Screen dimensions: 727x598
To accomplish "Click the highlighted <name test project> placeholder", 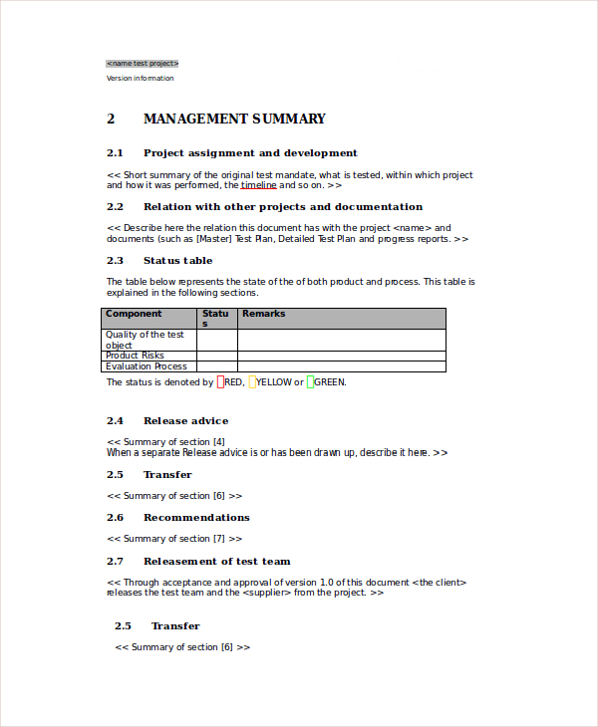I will pos(143,63).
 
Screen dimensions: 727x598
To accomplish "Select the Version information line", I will pos(140,78).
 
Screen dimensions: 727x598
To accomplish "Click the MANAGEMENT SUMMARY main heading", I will pos(234,119).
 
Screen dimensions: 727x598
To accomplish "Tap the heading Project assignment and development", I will pos(250,152).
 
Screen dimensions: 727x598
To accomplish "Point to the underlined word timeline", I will pos(258,185).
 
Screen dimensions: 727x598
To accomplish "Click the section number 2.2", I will pos(115,206).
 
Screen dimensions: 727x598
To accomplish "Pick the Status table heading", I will pos(177,260).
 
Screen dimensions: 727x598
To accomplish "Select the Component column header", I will pos(134,314).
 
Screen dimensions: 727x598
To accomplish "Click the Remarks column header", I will pos(263,314).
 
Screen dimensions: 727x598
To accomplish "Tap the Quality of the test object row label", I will pos(145,340).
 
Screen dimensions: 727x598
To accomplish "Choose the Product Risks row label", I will pos(135,356).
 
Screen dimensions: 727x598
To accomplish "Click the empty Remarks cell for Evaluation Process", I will pos(341,366).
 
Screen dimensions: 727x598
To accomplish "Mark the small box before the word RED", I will pos(220,381).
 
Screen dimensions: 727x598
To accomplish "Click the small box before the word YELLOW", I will pos(253,381).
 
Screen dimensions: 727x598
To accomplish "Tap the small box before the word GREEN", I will pos(310,381).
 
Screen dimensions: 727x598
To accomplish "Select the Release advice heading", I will pos(185,420).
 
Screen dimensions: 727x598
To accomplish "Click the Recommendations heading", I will pos(196,517).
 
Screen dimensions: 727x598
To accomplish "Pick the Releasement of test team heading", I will pos(216,561).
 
